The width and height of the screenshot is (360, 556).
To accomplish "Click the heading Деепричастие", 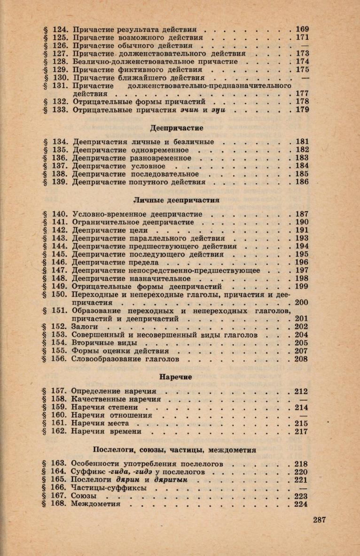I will pos(176,127).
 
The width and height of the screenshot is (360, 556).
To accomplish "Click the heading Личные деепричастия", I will pos(177,200).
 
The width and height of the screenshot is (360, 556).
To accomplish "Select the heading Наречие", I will pos(177,377).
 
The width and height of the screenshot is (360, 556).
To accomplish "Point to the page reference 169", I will pos(301,29).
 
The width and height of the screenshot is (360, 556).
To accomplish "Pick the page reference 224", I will pos(301,504).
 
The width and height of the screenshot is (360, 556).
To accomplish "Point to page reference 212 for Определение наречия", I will pos(301,391).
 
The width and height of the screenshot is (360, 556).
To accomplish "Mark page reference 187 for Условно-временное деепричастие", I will pos(301,214).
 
